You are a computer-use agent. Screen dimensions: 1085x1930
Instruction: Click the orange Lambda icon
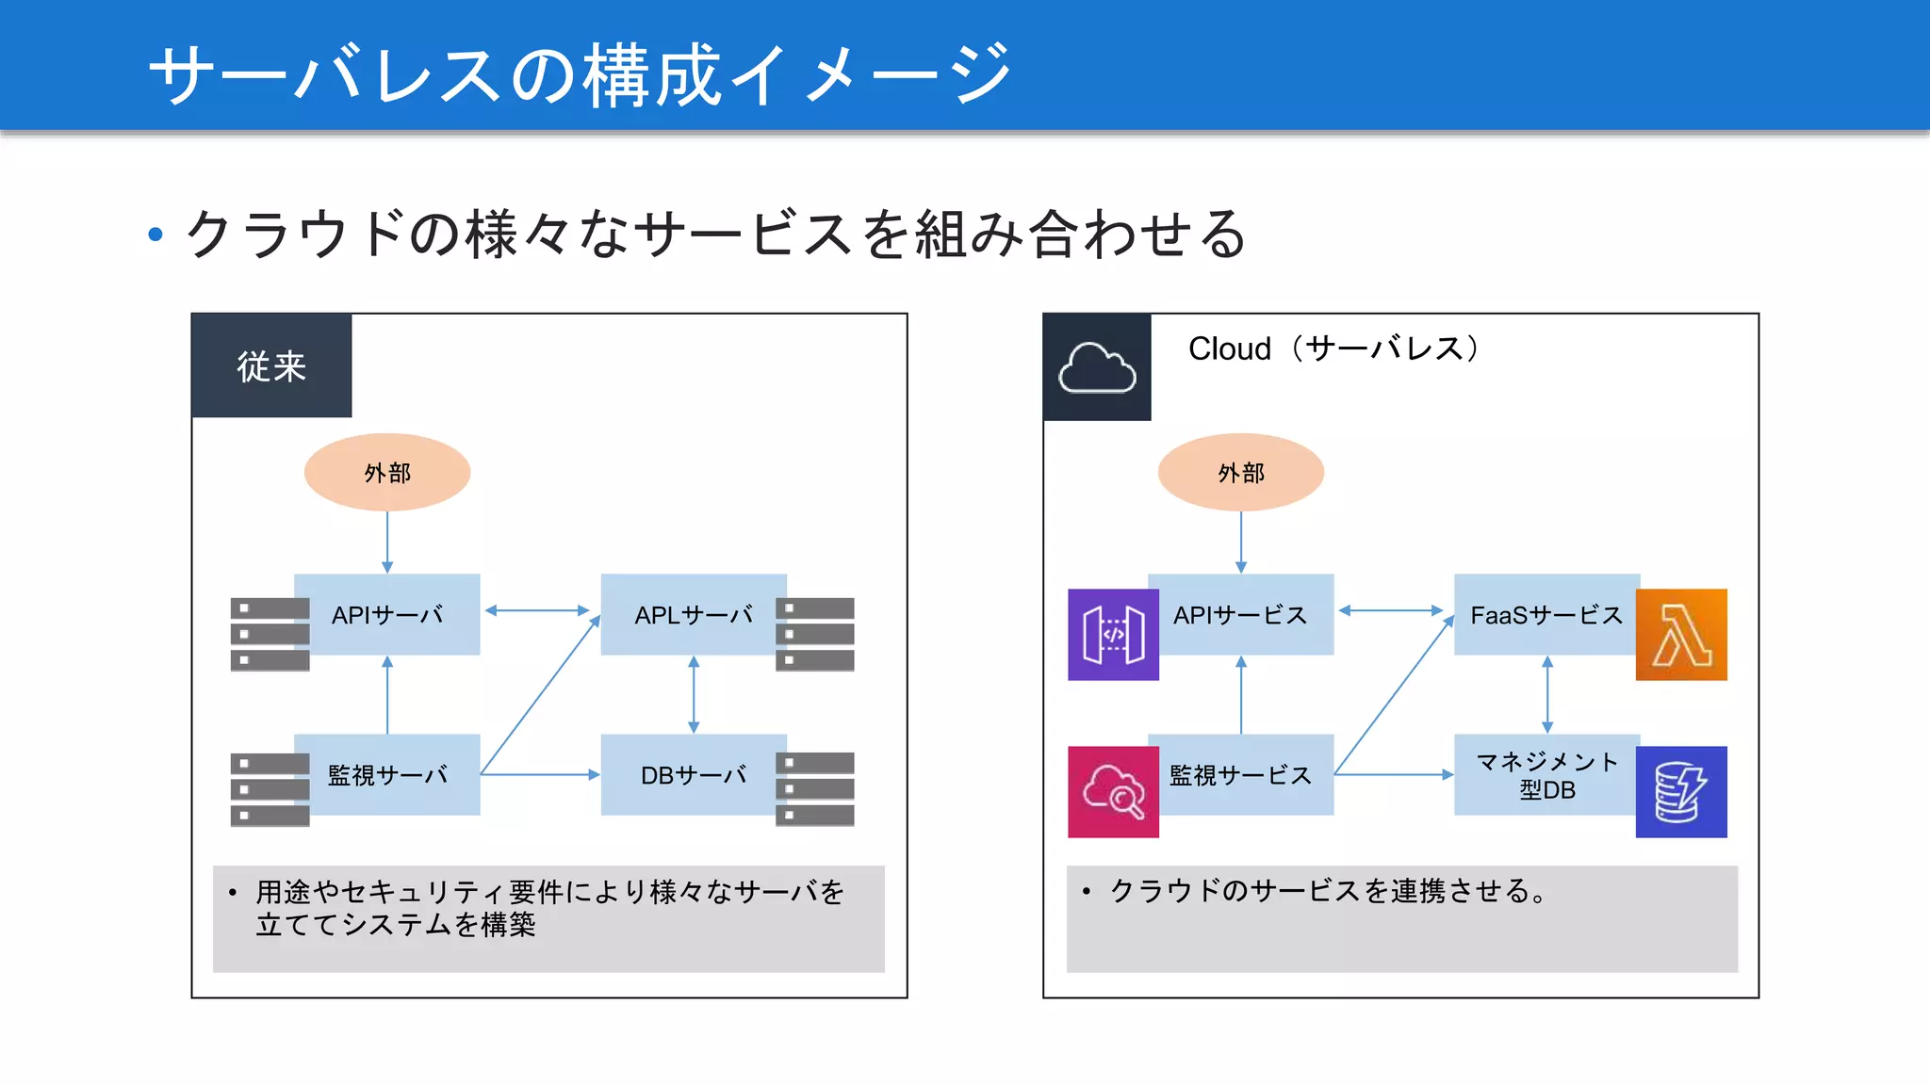[x=1681, y=635]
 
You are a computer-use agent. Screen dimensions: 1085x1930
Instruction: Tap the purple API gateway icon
[x=1113, y=635]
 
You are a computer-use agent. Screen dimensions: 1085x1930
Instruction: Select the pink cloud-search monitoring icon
[x=1113, y=792]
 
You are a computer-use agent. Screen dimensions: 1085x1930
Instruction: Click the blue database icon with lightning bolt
[x=1681, y=792]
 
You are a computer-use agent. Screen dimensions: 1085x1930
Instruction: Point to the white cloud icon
[x=1097, y=367]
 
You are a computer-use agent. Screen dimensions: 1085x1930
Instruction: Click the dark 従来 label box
[x=271, y=365]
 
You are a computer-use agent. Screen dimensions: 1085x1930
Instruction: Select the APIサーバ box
[x=387, y=615]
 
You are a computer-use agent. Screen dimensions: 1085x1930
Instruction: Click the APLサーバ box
[x=694, y=615]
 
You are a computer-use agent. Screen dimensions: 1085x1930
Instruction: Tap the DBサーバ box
[x=694, y=775]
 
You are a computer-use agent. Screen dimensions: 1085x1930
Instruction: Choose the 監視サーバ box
[x=387, y=775]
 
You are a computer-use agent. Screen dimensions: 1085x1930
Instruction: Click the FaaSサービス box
[x=1546, y=615]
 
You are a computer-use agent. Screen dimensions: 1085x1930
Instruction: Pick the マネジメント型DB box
[x=1546, y=775]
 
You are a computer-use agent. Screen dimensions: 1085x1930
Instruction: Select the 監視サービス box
[x=1240, y=775]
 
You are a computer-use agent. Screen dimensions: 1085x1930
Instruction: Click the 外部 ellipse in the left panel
[x=387, y=473]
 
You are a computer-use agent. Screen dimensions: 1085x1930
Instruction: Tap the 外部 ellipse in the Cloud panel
[x=1240, y=473]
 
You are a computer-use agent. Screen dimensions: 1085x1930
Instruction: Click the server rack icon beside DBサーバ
[x=815, y=789]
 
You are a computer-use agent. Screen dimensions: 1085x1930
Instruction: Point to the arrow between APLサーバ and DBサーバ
[x=694, y=695]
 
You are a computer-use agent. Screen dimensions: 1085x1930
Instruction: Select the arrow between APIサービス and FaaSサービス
[x=1391, y=610]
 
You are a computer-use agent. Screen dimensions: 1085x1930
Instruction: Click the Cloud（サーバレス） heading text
[x=1333, y=348]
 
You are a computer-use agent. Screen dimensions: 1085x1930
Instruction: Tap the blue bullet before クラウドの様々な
[x=156, y=235]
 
